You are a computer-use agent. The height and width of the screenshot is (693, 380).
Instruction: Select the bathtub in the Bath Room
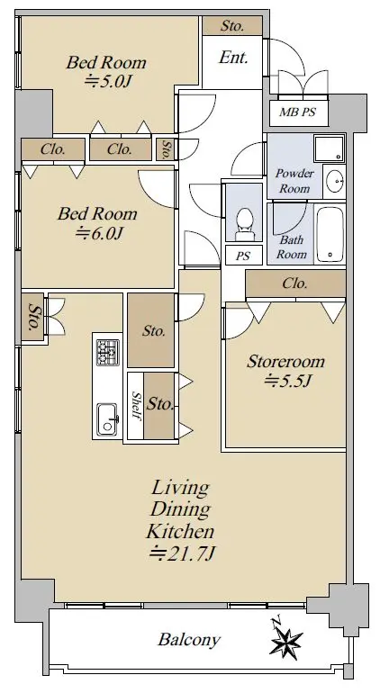point(330,235)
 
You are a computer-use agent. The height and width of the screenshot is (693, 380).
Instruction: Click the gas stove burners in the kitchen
point(108,352)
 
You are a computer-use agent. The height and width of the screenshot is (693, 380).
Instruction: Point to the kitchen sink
point(107,418)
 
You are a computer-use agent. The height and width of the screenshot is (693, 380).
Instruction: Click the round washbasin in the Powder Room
point(334,182)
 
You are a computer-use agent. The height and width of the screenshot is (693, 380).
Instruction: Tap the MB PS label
point(297,112)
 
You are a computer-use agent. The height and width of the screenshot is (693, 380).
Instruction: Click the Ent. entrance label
point(233,58)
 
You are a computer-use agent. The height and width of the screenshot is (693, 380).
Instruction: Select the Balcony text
point(189,640)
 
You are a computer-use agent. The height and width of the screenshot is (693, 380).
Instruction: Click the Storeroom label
point(285,362)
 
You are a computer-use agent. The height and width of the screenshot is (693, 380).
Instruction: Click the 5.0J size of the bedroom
point(108,81)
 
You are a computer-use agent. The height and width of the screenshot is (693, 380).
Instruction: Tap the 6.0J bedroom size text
point(98,232)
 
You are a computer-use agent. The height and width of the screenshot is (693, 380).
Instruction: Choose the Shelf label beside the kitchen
point(136,406)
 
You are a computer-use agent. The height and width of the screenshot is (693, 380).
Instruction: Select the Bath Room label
point(292,247)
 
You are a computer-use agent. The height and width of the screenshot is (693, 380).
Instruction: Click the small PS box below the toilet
point(242,256)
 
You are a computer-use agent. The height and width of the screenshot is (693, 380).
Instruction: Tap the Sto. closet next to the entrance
point(232,26)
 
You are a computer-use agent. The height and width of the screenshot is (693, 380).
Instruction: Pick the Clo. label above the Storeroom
point(295,283)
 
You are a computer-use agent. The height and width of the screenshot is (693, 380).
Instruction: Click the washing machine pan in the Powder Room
point(329,148)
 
